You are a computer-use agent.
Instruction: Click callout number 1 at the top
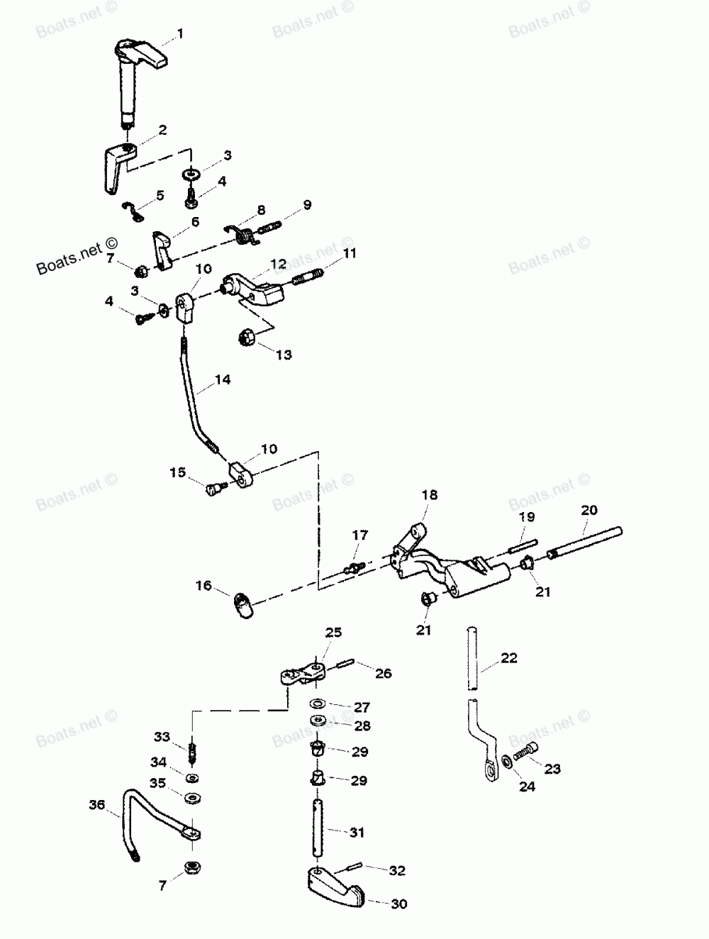click(180, 33)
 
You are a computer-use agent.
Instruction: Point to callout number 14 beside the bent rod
click(223, 379)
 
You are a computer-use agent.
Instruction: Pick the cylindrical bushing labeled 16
click(242, 606)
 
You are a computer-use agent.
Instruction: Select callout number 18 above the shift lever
click(430, 494)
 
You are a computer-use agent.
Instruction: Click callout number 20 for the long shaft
click(589, 509)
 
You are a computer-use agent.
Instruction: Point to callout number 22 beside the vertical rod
click(509, 657)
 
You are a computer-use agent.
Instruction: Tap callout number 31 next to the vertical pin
click(357, 832)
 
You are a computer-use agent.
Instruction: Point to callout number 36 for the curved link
click(96, 804)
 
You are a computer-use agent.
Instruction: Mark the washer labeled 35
click(191, 797)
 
